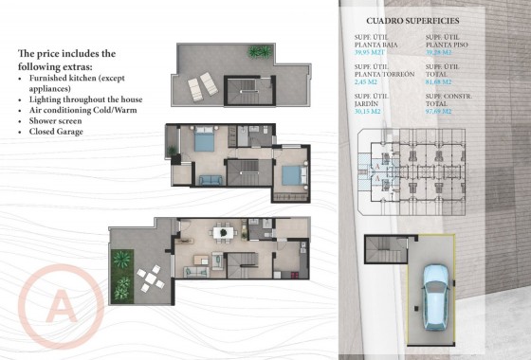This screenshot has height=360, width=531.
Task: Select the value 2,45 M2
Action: coord(365,82)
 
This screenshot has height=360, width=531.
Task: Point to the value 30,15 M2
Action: coord(368,112)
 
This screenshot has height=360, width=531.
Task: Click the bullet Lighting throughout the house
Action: coord(86,99)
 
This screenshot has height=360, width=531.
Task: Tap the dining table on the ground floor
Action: coord(221,231)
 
